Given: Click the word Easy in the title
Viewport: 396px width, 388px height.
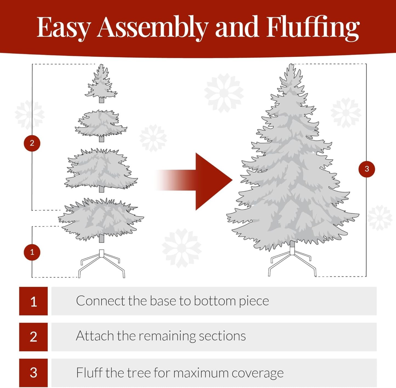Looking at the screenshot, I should pos(63,27).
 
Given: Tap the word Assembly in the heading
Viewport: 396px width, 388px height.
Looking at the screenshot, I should pos(152,27).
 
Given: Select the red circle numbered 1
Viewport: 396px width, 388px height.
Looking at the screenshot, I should pos(32,252).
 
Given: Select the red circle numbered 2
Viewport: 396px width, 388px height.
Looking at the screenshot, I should pos(32,143).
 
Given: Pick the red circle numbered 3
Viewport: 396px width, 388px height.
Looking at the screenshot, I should pos(367,169).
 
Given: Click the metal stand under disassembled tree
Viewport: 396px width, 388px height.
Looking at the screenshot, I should pos(102,263).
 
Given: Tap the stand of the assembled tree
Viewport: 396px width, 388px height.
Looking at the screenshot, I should pos(292,262).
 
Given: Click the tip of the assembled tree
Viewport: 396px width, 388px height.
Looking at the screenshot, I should pos(291,67).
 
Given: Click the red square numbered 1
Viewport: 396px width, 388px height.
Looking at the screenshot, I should pos(33,301).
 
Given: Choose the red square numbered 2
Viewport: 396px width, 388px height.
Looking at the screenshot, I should pos(33,337).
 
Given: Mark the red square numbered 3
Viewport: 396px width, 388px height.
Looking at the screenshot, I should pos(33,373).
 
